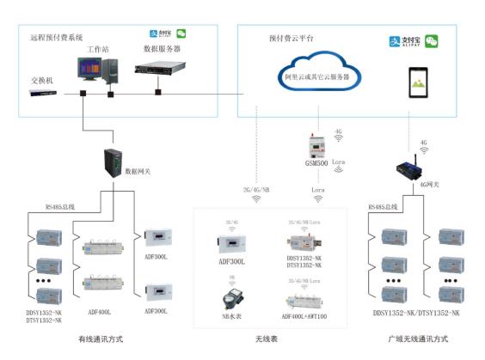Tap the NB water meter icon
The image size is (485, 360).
230,298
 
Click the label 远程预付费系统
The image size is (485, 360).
58,38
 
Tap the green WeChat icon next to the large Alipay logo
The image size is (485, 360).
431,40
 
